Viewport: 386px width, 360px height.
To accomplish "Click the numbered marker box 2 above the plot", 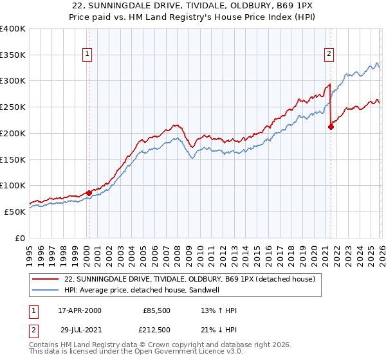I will coord(329,55).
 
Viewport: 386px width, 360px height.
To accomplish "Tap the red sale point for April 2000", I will coord(89,192).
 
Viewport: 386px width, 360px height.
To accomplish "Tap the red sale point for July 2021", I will coord(331,127).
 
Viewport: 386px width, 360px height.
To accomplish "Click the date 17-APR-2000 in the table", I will coord(80,310).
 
